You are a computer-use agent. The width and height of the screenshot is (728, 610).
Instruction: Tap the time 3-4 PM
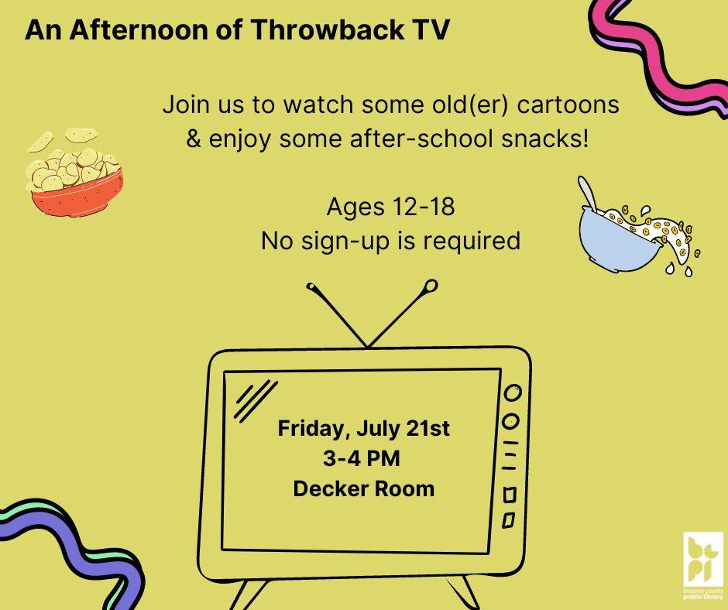(x=362, y=458)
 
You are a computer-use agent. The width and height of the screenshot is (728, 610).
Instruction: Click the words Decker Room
(x=363, y=488)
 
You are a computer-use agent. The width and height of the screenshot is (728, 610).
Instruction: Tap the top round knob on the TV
(x=512, y=392)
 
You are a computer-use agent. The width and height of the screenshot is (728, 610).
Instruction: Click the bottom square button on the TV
(x=509, y=520)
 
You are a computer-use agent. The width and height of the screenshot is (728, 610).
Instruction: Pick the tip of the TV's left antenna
(x=311, y=288)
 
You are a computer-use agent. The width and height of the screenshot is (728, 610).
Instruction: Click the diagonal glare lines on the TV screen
(x=256, y=401)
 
